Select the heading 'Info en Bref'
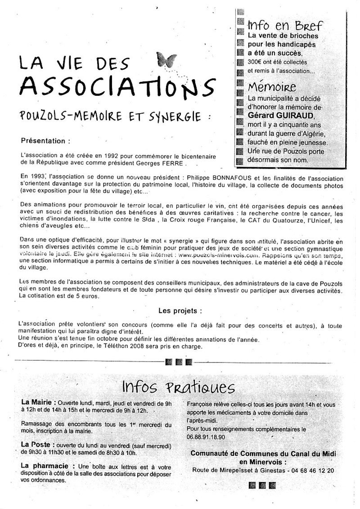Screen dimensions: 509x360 (285, 25)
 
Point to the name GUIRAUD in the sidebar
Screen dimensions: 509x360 (302, 115)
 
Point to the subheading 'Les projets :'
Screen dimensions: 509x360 (180, 311)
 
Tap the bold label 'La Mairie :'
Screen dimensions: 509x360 (38, 402)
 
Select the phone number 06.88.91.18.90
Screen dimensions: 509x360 (206, 437)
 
